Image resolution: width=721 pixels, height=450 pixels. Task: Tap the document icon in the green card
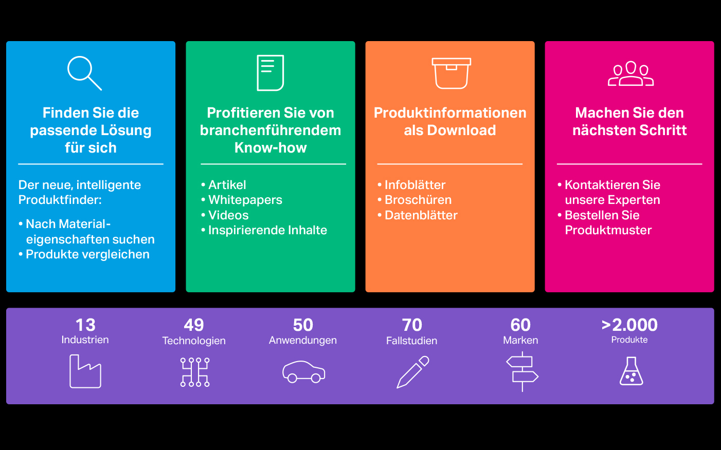(271, 73)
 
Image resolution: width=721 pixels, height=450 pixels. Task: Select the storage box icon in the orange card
(452, 73)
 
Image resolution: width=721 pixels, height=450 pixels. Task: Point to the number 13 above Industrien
(85, 325)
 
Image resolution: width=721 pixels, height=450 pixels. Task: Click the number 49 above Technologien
(194, 325)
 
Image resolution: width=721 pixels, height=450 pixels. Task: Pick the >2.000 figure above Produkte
(629, 325)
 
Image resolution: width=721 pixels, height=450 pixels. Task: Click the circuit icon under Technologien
(195, 372)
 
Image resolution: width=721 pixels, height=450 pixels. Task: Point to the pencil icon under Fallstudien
(412, 372)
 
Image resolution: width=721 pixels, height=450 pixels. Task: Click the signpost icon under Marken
(522, 372)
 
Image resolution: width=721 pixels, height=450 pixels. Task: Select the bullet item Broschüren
(414, 200)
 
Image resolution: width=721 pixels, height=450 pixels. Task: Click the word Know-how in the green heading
(271, 148)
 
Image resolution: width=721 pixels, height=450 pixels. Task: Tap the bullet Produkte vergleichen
(84, 254)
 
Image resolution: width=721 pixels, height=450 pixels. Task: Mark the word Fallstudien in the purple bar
(412, 341)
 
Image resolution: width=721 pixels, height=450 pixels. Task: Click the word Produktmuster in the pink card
(608, 230)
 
